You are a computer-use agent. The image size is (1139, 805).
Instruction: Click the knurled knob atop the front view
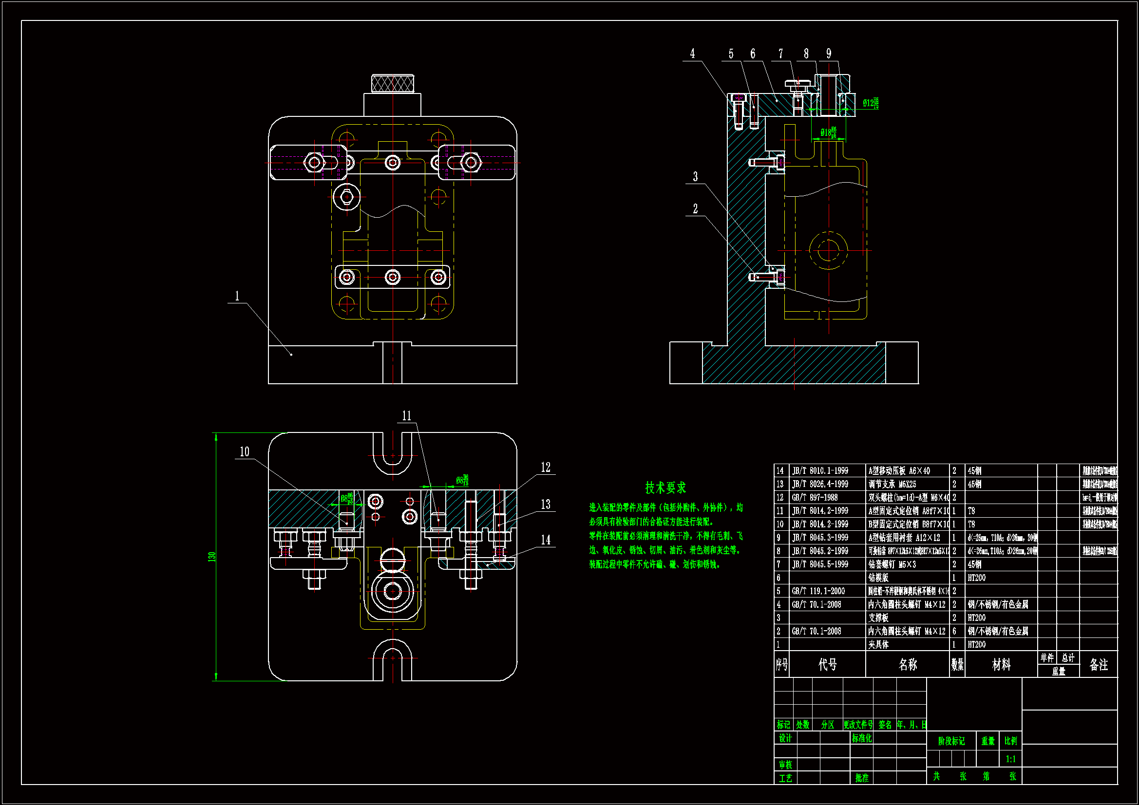click(392, 83)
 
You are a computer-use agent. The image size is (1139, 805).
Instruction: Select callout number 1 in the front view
click(237, 296)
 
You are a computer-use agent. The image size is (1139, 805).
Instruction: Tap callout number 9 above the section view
click(829, 54)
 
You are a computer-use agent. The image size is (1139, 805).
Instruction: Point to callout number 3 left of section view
click(695, 177)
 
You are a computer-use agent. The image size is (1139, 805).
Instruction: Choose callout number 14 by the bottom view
click(546, 540)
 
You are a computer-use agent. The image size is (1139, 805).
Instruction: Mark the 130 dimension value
click(212, 557)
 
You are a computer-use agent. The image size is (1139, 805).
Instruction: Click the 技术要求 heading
click(665, 487)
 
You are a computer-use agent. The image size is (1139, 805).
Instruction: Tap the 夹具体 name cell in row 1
click(878, 644)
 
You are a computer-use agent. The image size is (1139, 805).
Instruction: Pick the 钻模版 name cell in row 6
click(878, 578)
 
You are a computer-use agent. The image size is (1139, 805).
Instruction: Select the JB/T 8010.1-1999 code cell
click(820, 470)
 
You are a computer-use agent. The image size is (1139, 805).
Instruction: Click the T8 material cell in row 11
click(971, 510)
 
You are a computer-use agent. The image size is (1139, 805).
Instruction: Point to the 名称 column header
click(907, 664)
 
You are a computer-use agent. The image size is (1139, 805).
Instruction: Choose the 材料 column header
click(1001, 664)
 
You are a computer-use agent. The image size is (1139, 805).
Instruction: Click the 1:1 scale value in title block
click(1010, 759)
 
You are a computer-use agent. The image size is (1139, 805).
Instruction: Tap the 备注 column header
click(1098, 664)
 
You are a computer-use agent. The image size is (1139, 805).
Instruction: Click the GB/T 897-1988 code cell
click(815, 497)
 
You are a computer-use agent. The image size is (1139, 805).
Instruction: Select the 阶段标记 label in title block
click(951, 741)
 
